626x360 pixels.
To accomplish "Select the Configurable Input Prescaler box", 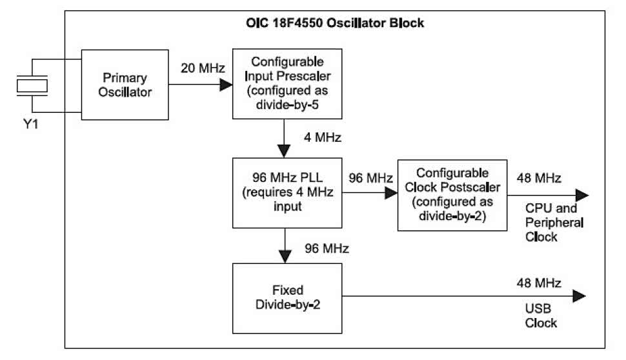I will [x=286, y=85].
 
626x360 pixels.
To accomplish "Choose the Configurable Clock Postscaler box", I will [x=451, y=194].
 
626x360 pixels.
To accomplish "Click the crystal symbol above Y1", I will [x=31, y=85].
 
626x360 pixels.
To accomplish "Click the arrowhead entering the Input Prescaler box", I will [x=226, y=85].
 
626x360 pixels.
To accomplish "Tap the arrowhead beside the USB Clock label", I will [x=580, y=296].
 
